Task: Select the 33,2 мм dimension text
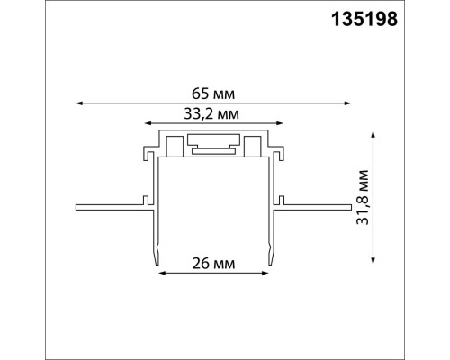coord(213,112)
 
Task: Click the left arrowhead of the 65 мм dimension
coord(78,103)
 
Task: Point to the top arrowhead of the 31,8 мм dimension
coord(371,131)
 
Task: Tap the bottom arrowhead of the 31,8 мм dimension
coord(371,259)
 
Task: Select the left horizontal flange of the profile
coord(108,207)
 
